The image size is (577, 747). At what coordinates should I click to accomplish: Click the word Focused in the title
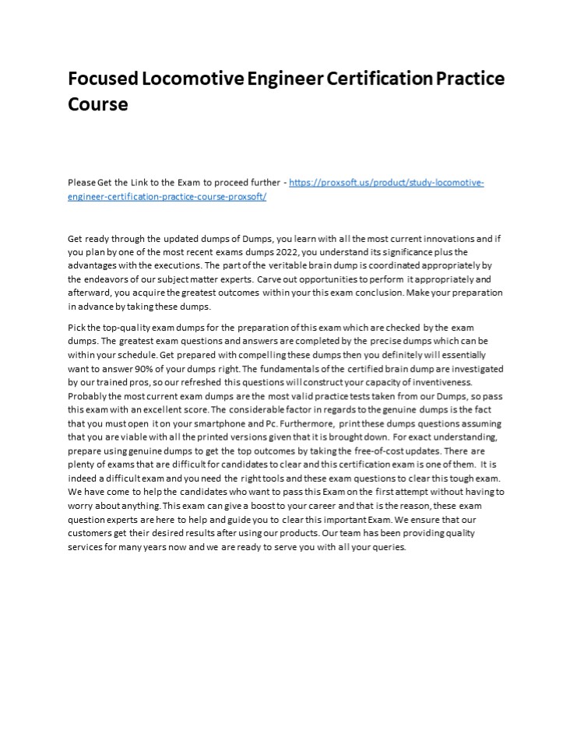tap(102, 79)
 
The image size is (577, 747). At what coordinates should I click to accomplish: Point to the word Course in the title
tap(97, 103)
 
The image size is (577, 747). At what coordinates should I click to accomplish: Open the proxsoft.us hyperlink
tap(387, 182)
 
